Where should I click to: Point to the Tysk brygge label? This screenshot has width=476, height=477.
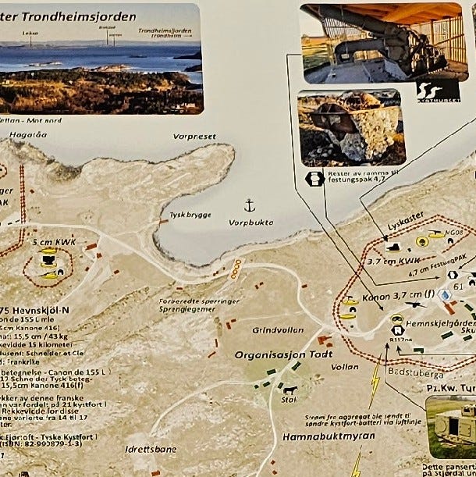[185, 215]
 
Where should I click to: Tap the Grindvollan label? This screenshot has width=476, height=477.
[271, 329]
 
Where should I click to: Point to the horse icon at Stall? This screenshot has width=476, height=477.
[290, 389]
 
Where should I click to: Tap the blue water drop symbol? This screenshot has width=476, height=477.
[444, 296]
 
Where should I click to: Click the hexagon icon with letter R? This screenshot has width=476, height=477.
[396, 329]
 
